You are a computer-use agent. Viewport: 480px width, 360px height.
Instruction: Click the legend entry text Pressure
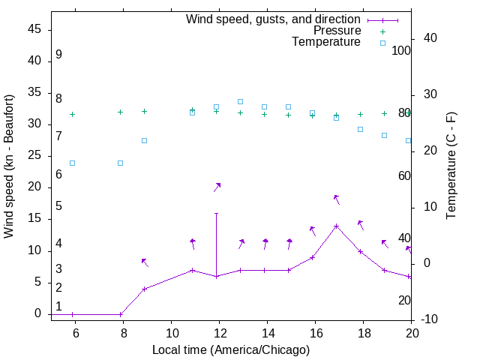click(337, 31)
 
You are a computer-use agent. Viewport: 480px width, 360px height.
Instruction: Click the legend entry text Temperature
click(326, 42)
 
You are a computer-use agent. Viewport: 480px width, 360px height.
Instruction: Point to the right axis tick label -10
click(424, 319)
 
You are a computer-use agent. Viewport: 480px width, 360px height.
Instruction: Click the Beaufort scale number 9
click(58, 55)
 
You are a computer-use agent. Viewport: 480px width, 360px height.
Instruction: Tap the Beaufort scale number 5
click(58, 206)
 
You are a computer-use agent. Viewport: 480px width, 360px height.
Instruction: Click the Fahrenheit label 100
click(402, 51)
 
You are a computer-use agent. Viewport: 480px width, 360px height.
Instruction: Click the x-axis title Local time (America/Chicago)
click(230, 349)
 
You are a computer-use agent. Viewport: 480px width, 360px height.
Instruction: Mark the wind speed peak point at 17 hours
click(337, 226)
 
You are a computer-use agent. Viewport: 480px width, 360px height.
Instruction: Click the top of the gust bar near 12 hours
click(217, 213)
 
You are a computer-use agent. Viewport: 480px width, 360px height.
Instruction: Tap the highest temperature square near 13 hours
click(241, 101)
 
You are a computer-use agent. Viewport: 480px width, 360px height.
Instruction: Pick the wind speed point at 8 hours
click(121, 314)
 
